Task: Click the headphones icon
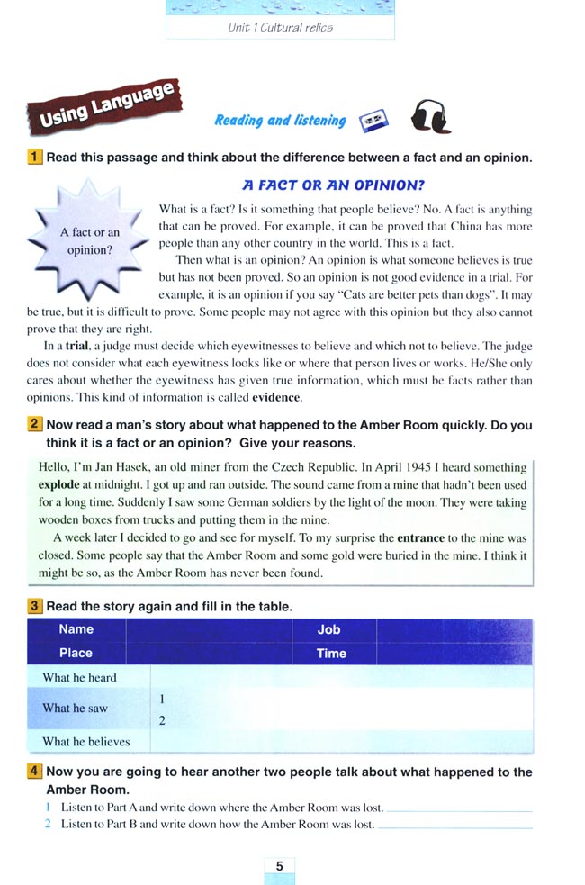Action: pyautogui.click(x=430, y=117)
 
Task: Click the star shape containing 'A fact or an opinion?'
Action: pyautogui.click(x=89, y=240)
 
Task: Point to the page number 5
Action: pyautogui.click(x=279, y=865)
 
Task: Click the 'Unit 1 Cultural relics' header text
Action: pyautogui.click(x=280, y=27)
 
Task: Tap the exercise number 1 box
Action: pyautogui.click(x=35, y=158)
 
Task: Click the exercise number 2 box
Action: pyautogui.click(x=35, y=425)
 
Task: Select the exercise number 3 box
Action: pyautogui.click(x=35, y=606)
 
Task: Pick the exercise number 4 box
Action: pyautogui.click(x=35, y=772)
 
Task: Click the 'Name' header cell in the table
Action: pyautogui.click(x=76, y=629)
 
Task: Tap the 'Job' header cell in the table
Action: pyautogui.click(x=328, y=629)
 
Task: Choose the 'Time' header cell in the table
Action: pyautogui.click(x=331, y=654)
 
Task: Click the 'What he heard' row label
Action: pyautogui.click(x=79, y=677)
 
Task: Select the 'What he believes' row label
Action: pyautogui.click(x=86, y=742)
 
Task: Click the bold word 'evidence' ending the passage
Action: pyautogui.click(x=276, y=398)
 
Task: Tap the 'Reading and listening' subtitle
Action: pyautogui.click(x=280, y=121)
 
